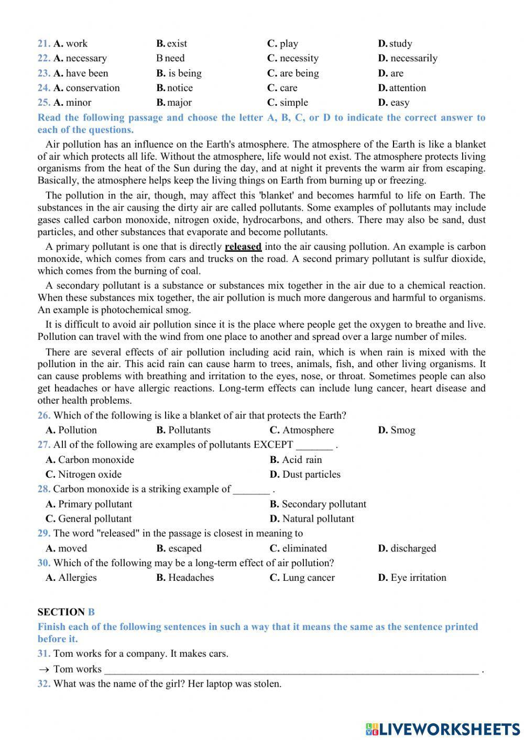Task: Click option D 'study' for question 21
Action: (395, 43)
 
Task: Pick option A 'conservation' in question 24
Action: (86, 88)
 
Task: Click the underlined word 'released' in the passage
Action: (243, 247)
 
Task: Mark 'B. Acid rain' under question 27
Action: (296, 460)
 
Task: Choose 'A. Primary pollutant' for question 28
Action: (89, 504)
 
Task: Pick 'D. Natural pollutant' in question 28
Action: (312, 519)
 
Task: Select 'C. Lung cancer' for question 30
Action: (302, 578)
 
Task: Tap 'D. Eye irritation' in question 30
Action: (412, 578)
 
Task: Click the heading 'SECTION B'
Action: (66, 612)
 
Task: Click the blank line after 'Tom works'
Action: (291, 669)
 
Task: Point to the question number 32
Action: (44, 684)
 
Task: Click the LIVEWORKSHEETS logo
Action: (443, 728)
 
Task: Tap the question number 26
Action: (44, 416)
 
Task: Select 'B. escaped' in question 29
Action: (179, 548)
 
